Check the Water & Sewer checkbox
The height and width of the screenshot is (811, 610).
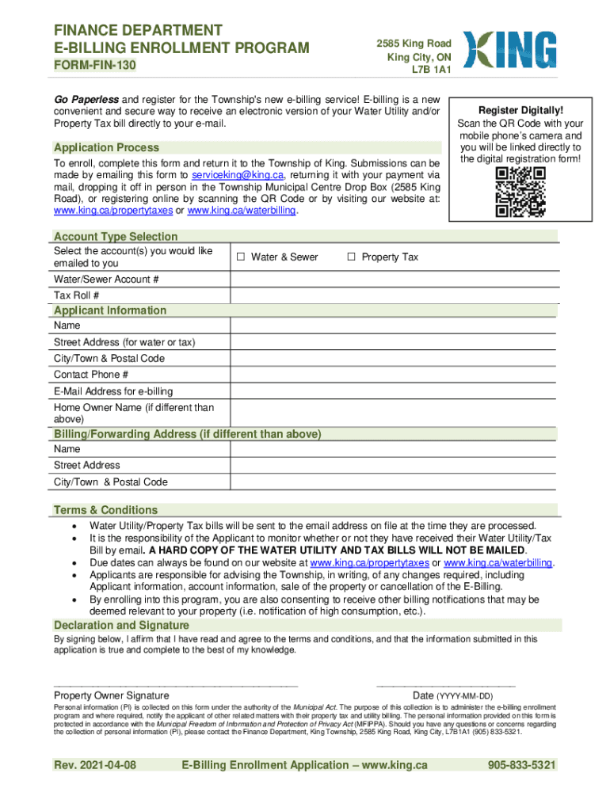240,257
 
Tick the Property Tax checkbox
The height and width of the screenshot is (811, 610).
351,257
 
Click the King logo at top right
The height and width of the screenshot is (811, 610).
509,51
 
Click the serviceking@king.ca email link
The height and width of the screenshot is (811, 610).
237,175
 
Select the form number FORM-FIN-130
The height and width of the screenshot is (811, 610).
94,68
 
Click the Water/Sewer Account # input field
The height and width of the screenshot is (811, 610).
394,280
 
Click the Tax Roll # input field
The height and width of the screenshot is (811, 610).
394,295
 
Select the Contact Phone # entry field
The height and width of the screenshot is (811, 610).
394,375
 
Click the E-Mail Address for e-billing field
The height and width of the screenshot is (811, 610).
394,391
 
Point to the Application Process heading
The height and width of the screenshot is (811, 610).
106,147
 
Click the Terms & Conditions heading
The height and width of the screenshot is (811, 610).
105,510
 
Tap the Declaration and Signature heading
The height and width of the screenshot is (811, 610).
120,625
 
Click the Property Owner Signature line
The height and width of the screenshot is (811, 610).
175,683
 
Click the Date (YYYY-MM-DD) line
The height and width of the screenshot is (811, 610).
446,683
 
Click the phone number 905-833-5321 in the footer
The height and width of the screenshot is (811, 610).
522,765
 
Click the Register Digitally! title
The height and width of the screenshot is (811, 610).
520,111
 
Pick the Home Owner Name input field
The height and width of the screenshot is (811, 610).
394,413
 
